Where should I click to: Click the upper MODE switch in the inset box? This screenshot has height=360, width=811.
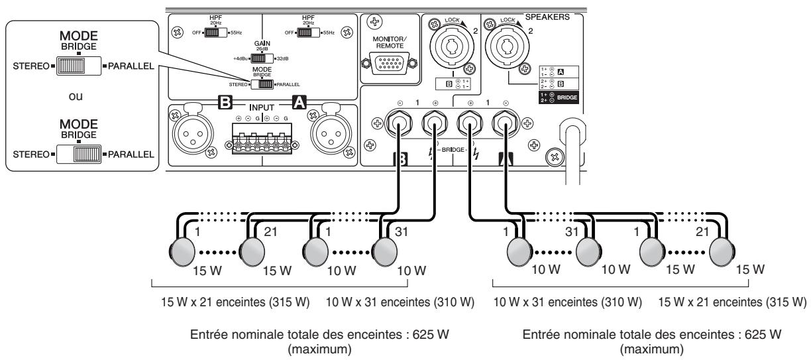78,66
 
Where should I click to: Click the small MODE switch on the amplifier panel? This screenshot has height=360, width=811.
265,84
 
